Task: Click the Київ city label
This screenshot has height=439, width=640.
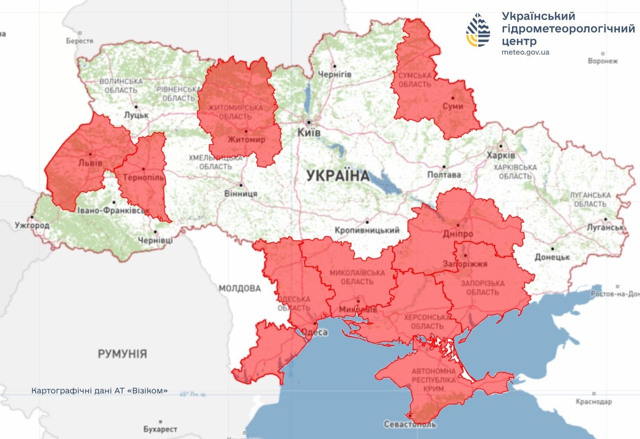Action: point(309,133)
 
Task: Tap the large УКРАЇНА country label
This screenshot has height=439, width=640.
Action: point(338,175)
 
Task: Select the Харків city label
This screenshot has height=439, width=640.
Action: point(501,155)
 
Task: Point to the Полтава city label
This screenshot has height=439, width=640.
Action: point(444,175)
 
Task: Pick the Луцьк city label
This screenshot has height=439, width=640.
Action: point(136,115)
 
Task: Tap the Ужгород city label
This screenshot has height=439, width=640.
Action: point(32,226)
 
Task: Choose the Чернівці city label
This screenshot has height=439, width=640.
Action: point(155,240)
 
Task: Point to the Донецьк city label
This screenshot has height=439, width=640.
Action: point(553,257)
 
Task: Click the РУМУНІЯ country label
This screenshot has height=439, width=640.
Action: point(122,354)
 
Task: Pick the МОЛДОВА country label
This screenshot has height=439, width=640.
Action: point(239,289)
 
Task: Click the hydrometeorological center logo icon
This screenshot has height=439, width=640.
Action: point(478,30)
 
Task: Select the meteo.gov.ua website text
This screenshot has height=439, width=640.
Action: point(525,52)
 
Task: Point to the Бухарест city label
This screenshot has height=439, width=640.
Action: point(159,429)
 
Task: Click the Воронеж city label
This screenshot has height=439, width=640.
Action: point(603,61)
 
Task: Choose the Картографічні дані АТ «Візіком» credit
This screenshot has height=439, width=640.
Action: point(100,391)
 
